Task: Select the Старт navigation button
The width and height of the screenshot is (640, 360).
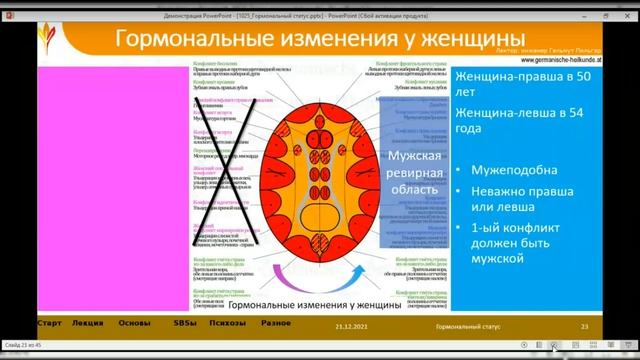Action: [x=49, y=322]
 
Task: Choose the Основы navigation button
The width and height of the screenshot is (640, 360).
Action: [x=135, y=322]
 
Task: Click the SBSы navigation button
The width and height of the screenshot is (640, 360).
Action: [x=182, y=322]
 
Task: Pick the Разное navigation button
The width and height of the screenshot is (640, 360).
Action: [x=277, y=322]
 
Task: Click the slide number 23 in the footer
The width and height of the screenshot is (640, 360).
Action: [x=585, y=326]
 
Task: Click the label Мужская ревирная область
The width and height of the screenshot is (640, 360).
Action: [x=413, y=173]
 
